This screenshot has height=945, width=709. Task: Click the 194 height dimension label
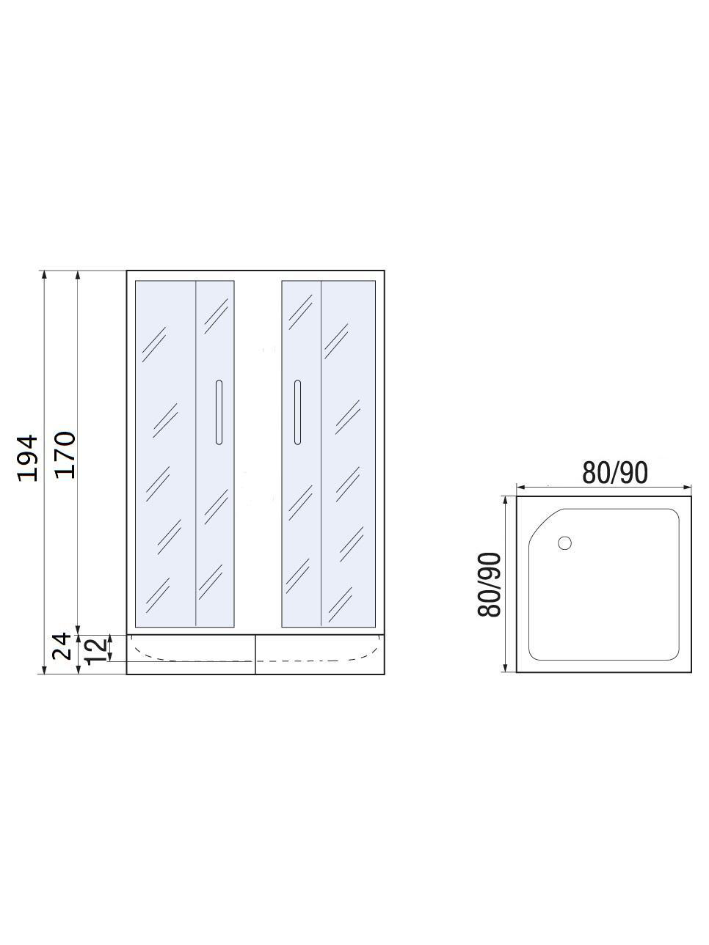click(29, 458)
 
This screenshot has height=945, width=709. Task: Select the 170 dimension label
click(65, 455)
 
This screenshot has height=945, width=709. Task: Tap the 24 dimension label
click(62, 646)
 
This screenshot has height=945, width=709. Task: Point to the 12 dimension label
click(95, 651)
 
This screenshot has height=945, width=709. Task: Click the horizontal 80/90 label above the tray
click(614, 473)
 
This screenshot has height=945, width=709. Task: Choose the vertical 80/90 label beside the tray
click(490, 584)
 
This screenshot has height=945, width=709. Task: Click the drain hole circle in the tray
click(564, 543)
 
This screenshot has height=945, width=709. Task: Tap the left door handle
click(219, 412)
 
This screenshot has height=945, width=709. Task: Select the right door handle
click(297, 412)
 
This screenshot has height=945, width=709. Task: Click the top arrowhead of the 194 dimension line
click(43, 275)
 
